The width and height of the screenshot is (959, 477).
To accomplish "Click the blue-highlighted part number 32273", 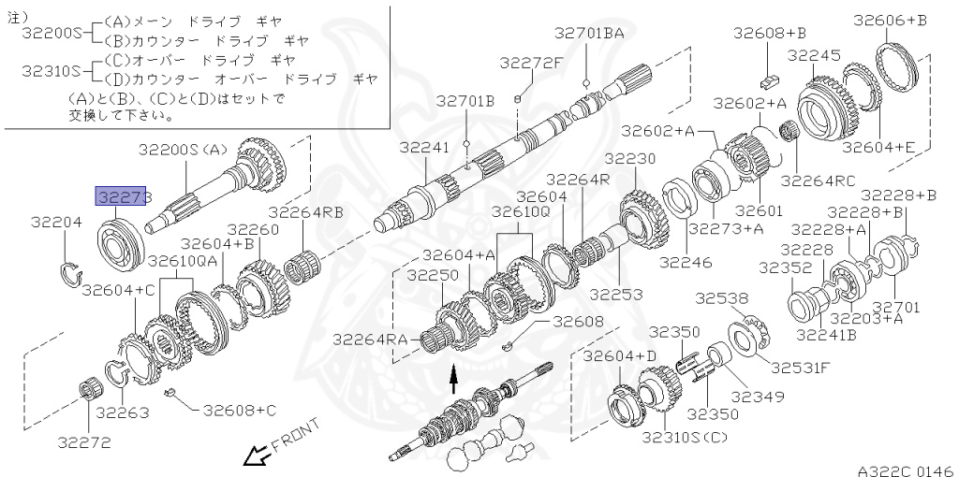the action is point(121,197).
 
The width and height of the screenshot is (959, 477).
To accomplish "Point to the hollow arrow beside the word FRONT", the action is point(253,455).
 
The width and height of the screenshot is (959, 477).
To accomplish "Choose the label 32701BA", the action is point(588,33).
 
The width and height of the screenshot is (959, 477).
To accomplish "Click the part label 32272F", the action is point(530,63).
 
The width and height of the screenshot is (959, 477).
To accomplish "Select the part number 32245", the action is point(814,55).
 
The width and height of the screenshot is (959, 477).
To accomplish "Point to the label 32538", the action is point(721,298).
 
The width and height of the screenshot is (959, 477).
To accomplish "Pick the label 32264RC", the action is point(818,181).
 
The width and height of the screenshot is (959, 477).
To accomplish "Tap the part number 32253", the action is point(616,294).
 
